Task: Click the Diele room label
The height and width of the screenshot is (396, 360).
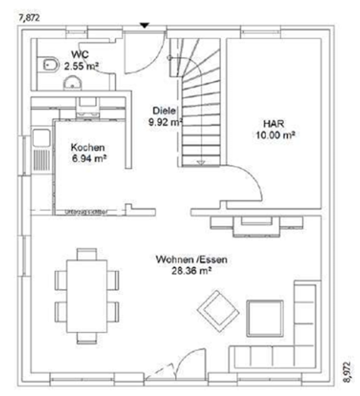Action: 161,111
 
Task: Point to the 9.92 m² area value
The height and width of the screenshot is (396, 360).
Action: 165,123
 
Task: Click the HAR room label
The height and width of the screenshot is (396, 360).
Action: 275,124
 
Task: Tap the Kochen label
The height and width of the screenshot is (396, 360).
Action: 87,148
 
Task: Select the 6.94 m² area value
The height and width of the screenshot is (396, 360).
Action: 89,160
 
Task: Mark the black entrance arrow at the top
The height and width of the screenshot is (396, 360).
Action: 143,25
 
